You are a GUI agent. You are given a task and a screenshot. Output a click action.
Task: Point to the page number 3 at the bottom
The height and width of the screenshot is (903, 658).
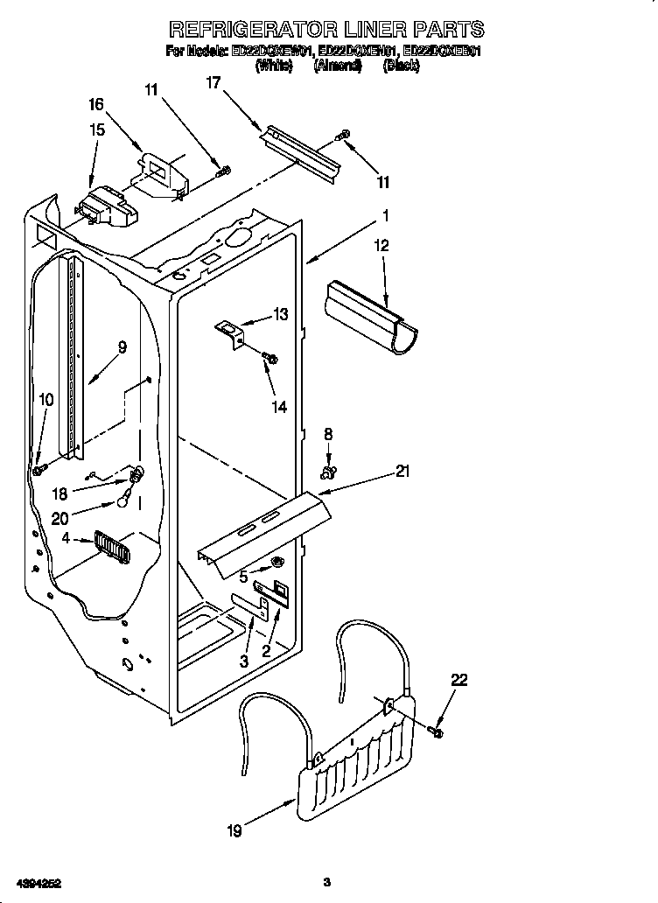[x=325, y=881]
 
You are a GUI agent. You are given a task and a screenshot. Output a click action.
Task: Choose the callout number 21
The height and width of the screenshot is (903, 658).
[x=402, y=472]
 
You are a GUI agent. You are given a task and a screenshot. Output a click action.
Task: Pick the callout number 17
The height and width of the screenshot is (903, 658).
[x=213, y=83]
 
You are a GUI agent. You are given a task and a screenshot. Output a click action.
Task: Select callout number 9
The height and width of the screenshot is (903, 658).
[x=122, y=347]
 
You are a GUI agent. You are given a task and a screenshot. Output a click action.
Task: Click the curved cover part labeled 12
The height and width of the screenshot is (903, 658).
[x=371, y=317]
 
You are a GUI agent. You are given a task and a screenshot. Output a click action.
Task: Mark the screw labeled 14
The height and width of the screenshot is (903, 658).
[x=271, y=358]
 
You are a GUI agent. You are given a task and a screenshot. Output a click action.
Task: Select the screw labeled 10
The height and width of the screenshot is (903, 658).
[x=39, y=470]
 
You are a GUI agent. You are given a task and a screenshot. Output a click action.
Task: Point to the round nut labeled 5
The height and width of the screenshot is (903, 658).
[x=277, y=562]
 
